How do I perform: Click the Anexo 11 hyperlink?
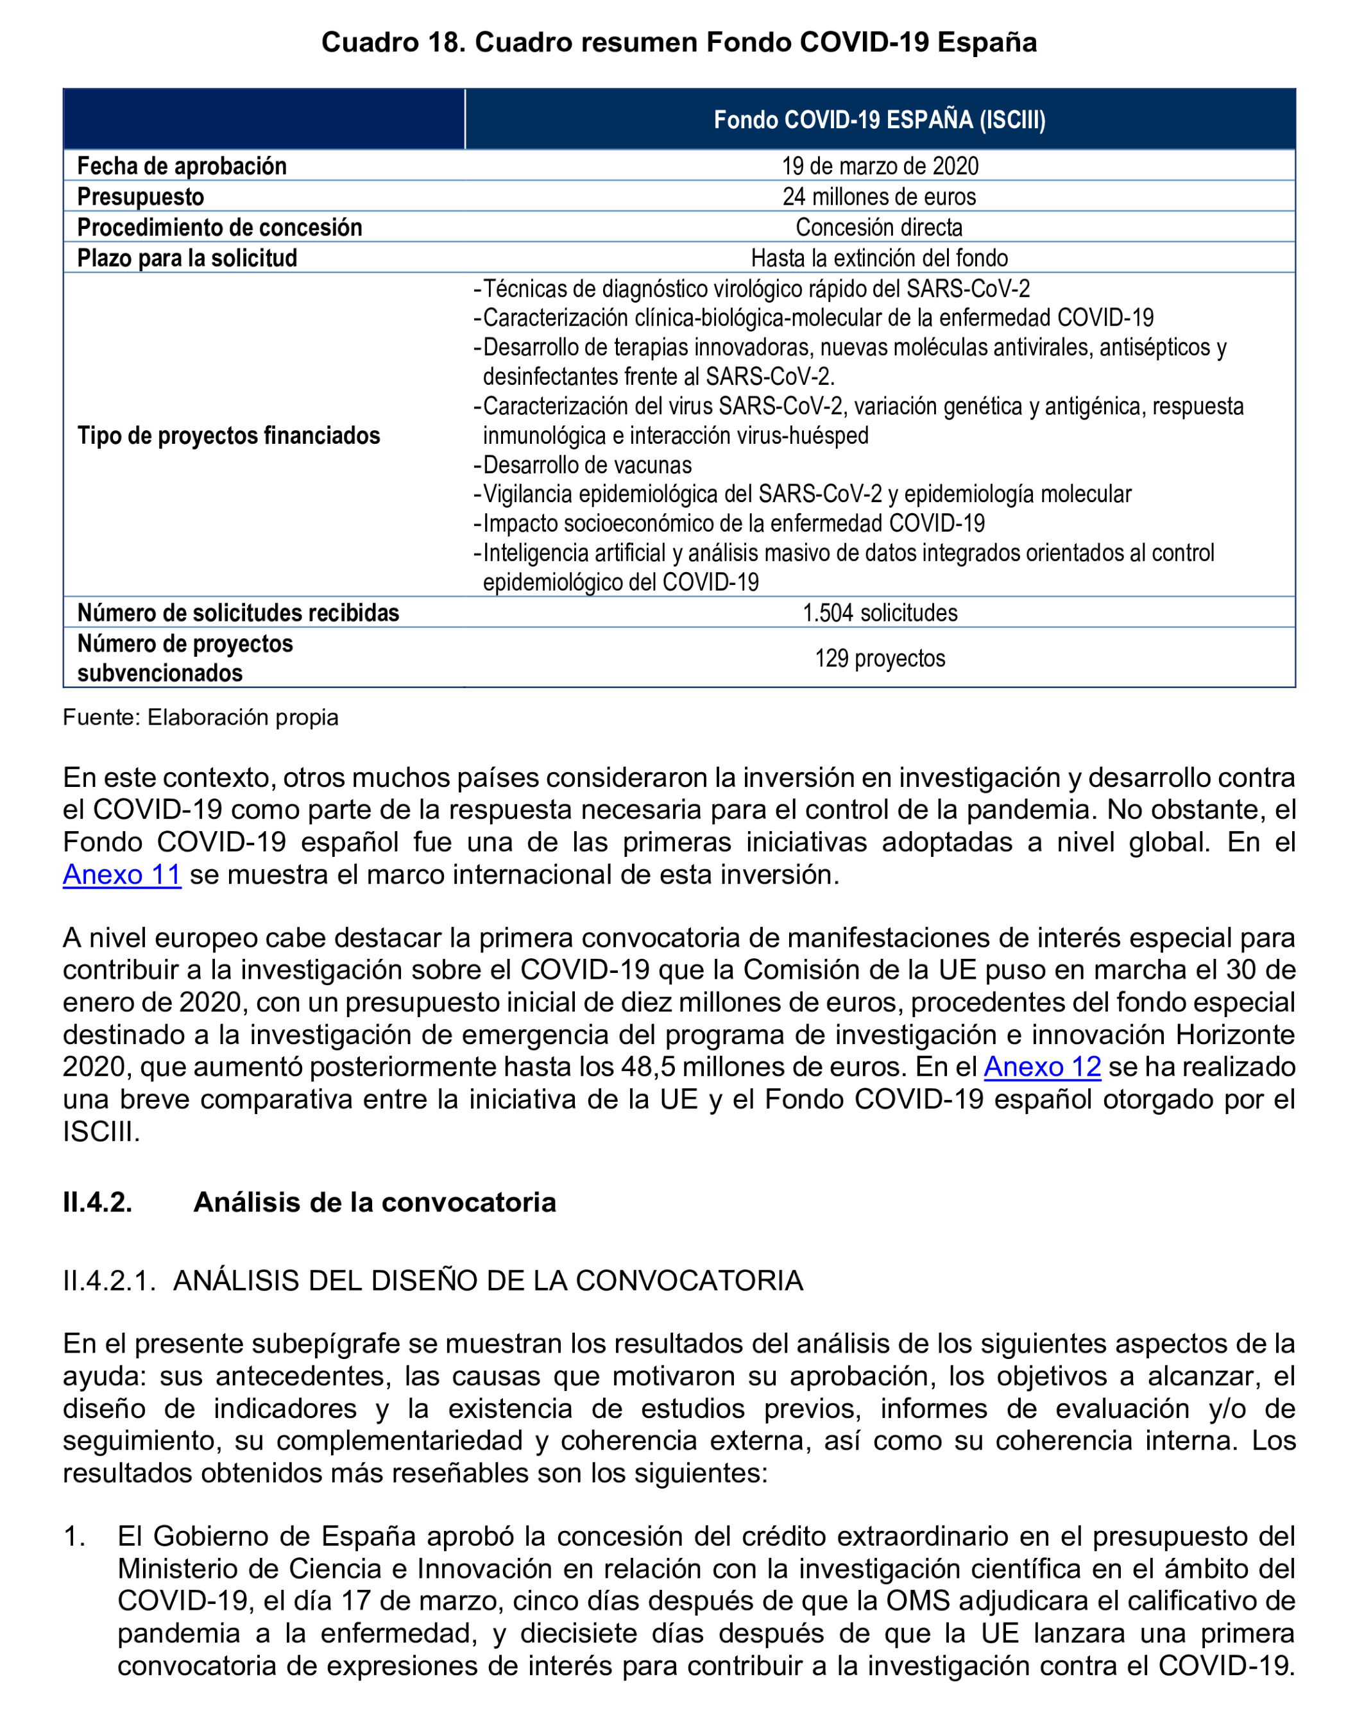(121, 874)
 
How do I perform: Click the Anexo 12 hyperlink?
(1041, 1067)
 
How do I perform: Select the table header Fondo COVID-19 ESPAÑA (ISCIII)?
(879, 120)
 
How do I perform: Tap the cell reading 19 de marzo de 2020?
(879, 166)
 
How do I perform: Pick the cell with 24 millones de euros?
(879, 196)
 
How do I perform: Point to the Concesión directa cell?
(879, 228)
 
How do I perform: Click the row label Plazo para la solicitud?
(187, 258)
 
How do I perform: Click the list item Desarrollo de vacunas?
(587, 465)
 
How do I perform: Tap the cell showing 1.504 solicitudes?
(879, 612)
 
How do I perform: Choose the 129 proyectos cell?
(879, 658)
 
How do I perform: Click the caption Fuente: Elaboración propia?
(200, 717)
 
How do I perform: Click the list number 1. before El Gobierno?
(74, 1536)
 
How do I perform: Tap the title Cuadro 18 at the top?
(678, 42)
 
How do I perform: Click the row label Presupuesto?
(141, 196)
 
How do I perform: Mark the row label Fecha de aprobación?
(182, 166)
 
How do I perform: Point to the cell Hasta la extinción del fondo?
(879, 258)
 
